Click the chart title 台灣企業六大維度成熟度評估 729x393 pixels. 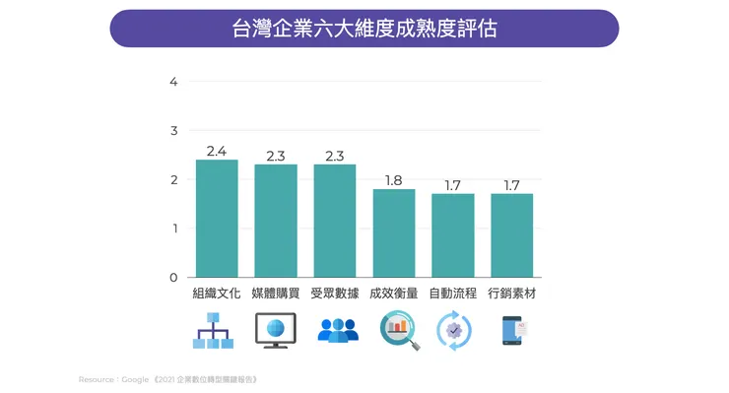(364, 28)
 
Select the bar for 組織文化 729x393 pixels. (217, 219)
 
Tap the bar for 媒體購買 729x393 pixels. (276, 221)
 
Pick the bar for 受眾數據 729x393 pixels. (335, 221)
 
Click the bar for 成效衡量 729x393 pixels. (394, 233)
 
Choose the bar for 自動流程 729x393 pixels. (453, 235)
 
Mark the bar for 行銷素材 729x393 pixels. (512, 235)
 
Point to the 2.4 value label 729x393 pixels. (217, 151)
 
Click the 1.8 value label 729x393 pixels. (394, 180)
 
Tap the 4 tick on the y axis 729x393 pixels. (173, 82)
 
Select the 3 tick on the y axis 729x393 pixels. (173, 130)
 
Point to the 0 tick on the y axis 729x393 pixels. (173, 278)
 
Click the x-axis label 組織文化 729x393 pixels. (217, 294)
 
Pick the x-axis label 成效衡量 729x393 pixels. (394, 294)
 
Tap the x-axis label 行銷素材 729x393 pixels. (512, 294)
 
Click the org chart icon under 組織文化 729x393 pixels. (213, 332)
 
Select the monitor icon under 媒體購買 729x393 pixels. (275, 331)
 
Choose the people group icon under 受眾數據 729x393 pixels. (338, 331)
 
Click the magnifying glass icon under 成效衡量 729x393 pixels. (399, 331)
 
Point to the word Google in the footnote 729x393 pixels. (135, 379)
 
